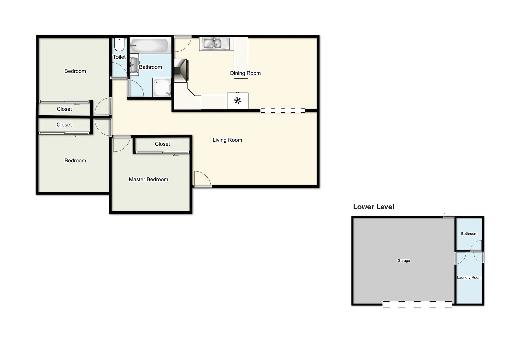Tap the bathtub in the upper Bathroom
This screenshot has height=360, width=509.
[149, 45]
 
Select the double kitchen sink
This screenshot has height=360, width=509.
[212, 43]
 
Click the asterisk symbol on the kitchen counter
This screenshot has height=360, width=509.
[238, 101]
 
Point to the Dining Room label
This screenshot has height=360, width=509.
[245, 73]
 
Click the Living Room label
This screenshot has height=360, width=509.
[227, 140]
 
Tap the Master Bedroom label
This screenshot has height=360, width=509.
[148, 179]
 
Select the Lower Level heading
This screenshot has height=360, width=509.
[373, 207]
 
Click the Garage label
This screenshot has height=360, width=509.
[404, 261]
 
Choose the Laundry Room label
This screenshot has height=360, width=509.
[469, 277]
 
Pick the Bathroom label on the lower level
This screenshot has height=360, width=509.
[469, 234]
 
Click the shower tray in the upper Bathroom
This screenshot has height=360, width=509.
[162, 87]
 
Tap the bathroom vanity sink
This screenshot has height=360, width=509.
[134, 64]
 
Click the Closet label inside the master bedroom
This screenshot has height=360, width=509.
[162, 144]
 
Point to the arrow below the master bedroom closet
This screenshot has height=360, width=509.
[176, 155]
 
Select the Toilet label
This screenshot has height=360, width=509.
[119, 57]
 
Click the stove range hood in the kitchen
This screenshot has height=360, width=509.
[181, 70]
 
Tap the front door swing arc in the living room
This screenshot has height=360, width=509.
[202, 179]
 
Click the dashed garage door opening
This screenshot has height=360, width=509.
[417, 304]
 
